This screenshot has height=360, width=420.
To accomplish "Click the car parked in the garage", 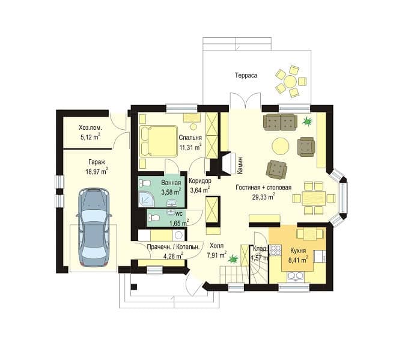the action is (x=94, y=227).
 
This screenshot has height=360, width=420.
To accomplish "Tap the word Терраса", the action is (x=246, y=75).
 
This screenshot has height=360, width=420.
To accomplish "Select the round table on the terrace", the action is (x=290, y=81).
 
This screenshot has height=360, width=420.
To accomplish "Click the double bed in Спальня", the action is (x=158, y=141).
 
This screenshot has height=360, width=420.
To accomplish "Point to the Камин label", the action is (x=240, y=165).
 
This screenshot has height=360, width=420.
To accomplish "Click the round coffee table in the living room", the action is (x=281, y=146).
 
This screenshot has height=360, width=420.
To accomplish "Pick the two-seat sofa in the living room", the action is (x=280, y=123).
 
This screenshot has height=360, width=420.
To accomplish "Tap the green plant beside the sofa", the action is (x=307, y=121).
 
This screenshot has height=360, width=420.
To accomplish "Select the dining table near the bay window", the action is (x=314, y=198).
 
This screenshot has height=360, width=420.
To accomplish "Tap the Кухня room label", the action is (x=298, y=251).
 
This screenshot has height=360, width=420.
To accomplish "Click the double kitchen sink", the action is (x=296, y=276).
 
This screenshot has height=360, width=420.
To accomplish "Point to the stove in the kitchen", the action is (x=275, y=250).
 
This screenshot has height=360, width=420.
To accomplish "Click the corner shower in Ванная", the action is (x=146, y=199).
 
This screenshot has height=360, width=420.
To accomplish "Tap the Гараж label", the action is (x=97, y=162).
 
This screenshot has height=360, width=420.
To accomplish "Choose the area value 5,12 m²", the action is (x=90, y=137).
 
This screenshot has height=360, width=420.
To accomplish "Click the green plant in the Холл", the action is (x=233, y=259).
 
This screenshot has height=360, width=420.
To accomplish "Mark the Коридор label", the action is (x=200, y=181).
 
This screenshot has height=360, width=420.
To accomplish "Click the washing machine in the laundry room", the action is (x=178, y=236).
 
